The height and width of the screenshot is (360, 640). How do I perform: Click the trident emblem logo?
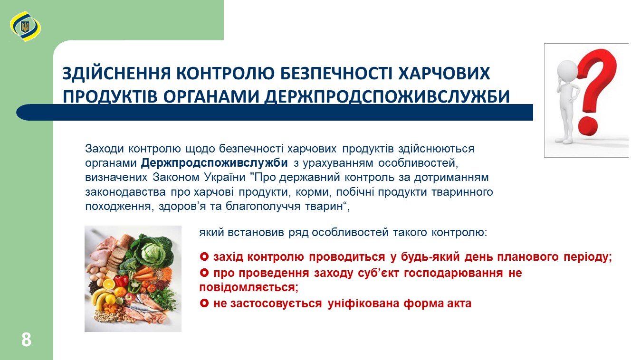click(25, 27)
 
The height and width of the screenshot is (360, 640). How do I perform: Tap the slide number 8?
click(26, 340)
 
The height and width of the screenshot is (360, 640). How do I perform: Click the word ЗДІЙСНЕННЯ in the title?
click(116, 73)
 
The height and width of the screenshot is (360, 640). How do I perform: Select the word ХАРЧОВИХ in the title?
click(444, 73)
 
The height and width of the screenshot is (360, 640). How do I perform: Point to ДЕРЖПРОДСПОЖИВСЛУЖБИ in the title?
click(387, 96)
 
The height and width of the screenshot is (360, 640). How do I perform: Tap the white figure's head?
click(568, 70)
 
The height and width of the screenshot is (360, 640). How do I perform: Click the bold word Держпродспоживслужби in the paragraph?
click(214, 163)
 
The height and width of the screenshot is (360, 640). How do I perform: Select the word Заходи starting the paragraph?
click(104, 149)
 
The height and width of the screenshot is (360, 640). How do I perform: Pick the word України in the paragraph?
click(225, 177)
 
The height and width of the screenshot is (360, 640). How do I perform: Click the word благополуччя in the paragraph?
click(263, 206)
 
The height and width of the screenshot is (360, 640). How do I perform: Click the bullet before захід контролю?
click(204, 256)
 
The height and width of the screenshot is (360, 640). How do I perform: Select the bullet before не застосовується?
click(204, 303)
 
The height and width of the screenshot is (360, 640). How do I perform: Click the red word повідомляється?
click(249, 287)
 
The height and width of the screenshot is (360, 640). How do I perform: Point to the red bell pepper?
click(122, 281)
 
